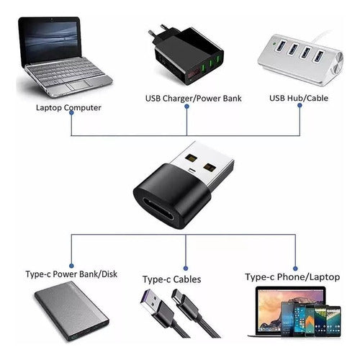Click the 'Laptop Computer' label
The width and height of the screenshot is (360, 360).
pos(68,108)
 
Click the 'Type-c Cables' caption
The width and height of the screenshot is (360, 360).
pos(172,279)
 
